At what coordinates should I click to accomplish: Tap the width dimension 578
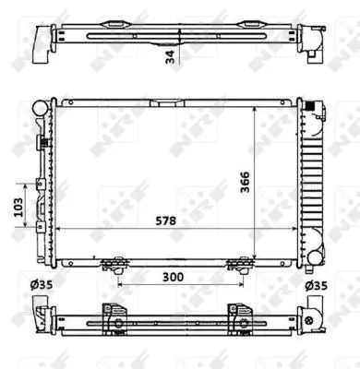[x=166, y=221]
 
